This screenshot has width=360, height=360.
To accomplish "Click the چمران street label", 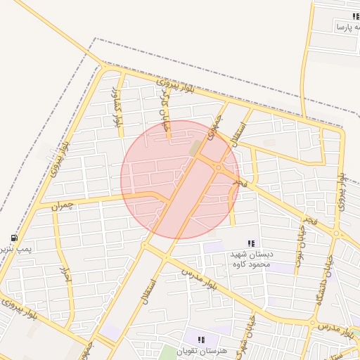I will [63, 205].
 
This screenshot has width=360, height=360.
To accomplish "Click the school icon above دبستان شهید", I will [252, 243].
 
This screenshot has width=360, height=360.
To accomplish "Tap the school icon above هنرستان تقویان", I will [202, 339].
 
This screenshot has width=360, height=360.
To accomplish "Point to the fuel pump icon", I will [13, 238].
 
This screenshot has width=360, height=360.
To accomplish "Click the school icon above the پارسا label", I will [356, 15].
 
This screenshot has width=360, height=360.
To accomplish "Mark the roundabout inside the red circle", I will [219, 167].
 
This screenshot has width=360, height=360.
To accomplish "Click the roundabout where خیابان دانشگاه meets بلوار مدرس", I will [312, 323].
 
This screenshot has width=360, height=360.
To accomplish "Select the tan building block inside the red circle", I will [194, 148].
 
